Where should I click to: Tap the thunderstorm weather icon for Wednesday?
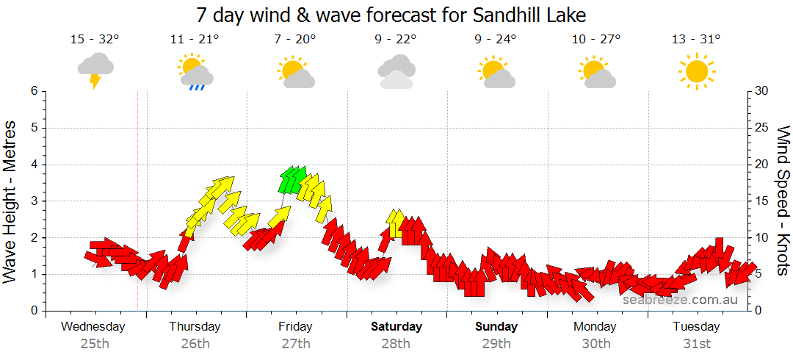pyautogui.click(x=95, y=71)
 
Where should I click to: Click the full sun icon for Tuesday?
pyautogui.click(x=696, y=71)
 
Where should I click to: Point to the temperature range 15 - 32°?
pyautogui.click(x=95, y=40)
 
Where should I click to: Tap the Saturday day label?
pyautogui.click(x=396, y=327)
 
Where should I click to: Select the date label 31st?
pyautogui.click(x=696, y=343)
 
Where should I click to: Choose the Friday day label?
pyautogui.click(x=295, y=327)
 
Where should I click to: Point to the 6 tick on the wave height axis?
pyautogui.click(x=33, y=91)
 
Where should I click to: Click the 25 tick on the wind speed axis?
pyautogui.click(x=762, y=128)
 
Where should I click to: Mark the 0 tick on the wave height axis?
pyautogui.click(x=33, y=311)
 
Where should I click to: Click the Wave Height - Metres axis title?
pyautogui.click(x=11, y=201)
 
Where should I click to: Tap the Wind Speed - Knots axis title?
pyautogui.click(x=783, y=201)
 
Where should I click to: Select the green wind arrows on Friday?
pyautogui.click(x=292, y=179)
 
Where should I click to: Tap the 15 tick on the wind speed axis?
pyautogui.click(x=762, y=201)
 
